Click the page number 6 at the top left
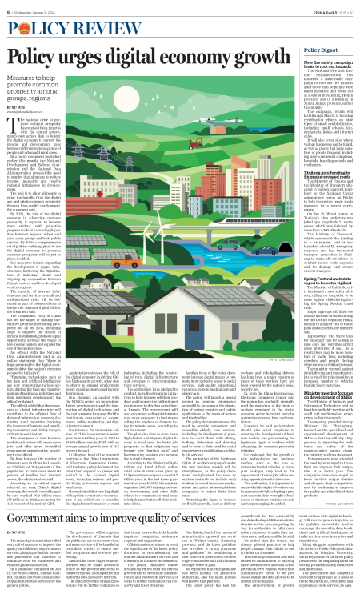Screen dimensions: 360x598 (7, 9)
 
